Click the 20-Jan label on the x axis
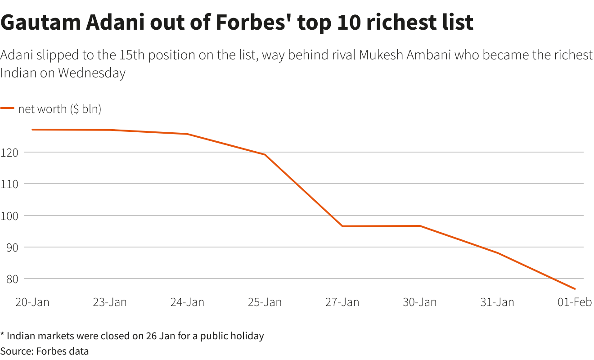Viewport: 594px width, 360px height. point(32,302)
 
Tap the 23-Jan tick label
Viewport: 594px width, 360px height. point(110,302)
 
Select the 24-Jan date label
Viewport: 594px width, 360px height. point(187,302)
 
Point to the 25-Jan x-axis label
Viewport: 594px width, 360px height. point(265,302)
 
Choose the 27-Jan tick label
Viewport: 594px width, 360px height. point(342,302)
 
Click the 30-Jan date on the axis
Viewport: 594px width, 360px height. point(419,302)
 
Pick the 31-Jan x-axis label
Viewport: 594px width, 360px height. point(497,302)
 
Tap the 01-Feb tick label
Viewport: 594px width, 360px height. point(575,302)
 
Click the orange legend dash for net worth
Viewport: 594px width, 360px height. point(7,108)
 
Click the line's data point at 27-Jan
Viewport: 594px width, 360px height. point(342,226)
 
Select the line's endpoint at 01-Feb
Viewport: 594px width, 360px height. point(575,288)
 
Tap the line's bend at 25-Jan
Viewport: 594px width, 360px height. point(265,155)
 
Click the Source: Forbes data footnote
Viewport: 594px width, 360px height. point(45,351)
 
